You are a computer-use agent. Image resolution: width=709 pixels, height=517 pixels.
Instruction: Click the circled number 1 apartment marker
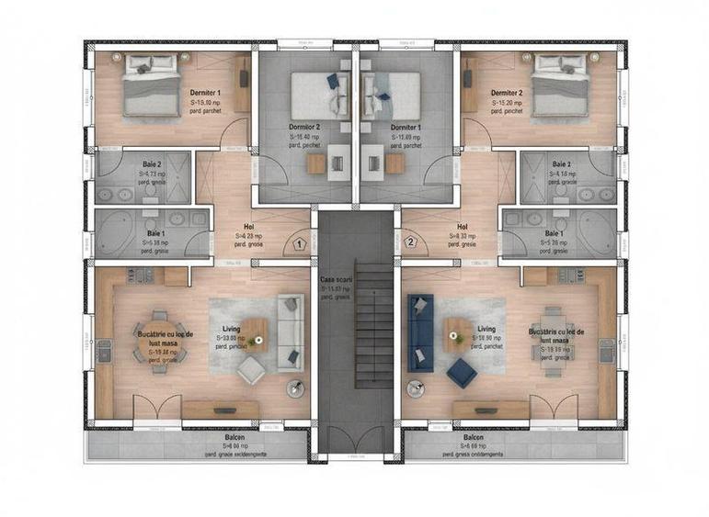299,243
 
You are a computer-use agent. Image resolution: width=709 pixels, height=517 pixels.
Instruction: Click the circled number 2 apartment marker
411,243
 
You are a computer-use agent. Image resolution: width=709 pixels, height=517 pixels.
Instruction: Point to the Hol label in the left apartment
248,226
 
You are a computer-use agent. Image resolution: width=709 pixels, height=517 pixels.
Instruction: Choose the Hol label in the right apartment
463,226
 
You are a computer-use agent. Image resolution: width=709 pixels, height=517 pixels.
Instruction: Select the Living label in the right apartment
486,329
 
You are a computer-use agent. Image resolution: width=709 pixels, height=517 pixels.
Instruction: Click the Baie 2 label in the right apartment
561,164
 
